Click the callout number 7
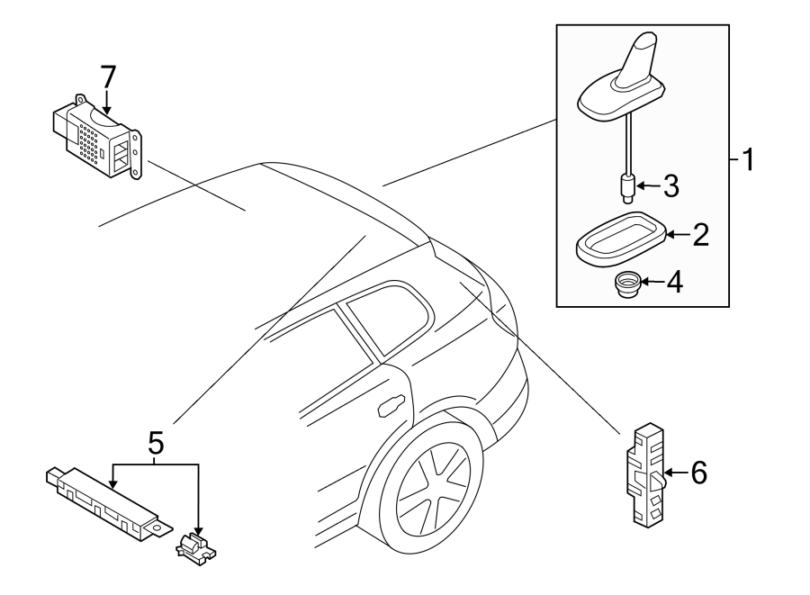pyautogui.click(x=108, y=76)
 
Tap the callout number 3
pyautogui.click(x=671, y=186)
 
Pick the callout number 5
pyautogui.click(x=155, y=442)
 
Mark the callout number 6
pyautogui.click(x=699, y=471)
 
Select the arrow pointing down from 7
pyautogui.click(x=108, y=101)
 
